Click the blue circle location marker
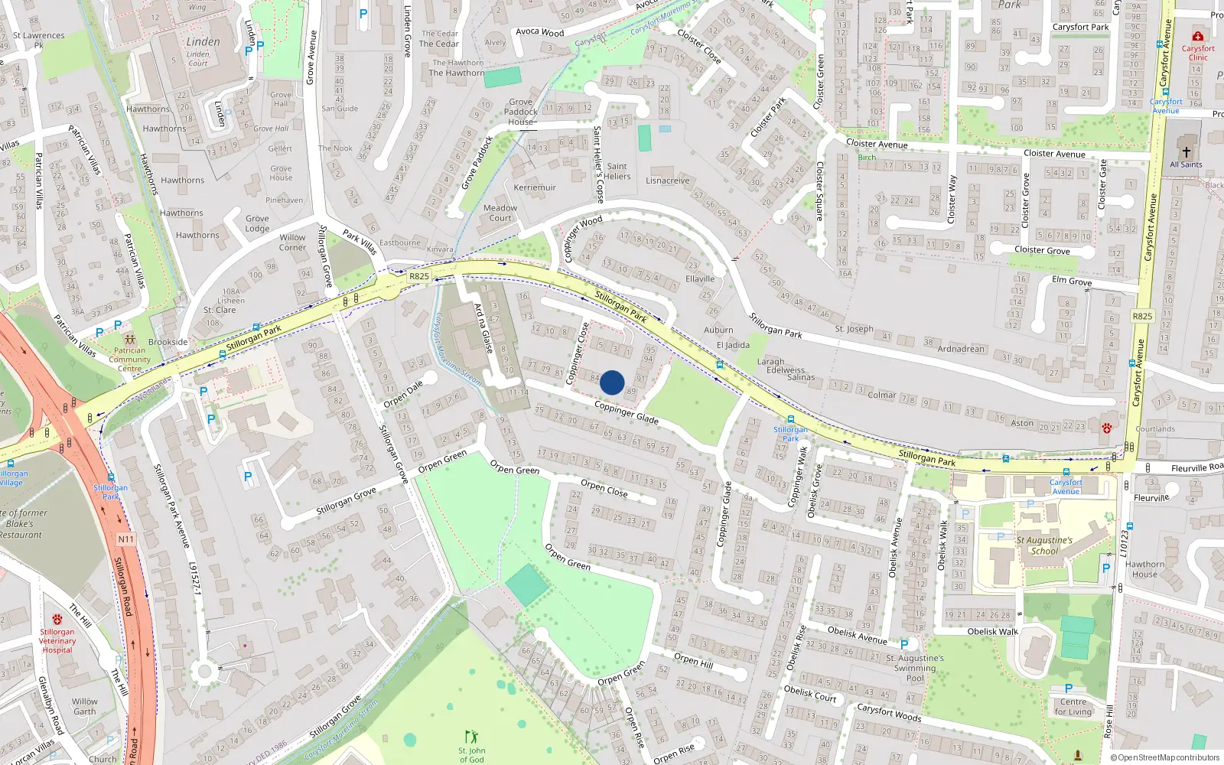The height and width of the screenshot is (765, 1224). click(612, 382)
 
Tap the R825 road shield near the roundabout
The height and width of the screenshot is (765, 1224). click(419, 276)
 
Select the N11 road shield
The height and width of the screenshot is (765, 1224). click(125, 539)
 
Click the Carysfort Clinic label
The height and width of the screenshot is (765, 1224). click(1198, 53)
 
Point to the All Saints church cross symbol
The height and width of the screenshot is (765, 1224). click(1186, 151)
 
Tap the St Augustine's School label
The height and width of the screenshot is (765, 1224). click(1044, 545)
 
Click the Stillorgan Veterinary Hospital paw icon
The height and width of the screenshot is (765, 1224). click(57, 619)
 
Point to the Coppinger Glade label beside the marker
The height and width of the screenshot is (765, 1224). click(626, 412)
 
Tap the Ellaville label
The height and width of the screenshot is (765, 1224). click(700, 278)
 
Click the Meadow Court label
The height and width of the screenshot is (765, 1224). click(500, 213)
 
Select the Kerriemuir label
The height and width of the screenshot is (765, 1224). click(535, 187)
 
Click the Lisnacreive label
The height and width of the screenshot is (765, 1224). click(668, 181)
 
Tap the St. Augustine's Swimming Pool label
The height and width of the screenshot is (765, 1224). click(915, 667)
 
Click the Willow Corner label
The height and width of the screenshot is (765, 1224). click(292, 242)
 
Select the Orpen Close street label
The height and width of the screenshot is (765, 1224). click(604, 487)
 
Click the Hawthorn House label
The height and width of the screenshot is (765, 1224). click(1144, 569)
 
